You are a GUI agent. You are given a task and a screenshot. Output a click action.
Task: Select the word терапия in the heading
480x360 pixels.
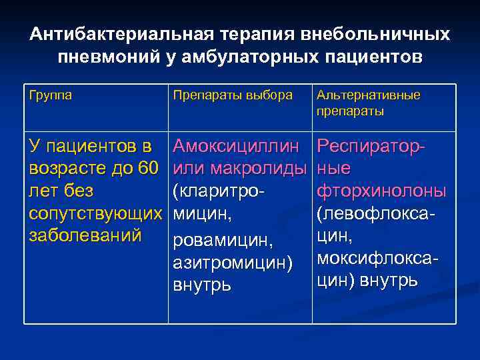[x=242, y=34]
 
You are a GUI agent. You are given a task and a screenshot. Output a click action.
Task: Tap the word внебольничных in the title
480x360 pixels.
[x=373, y=34]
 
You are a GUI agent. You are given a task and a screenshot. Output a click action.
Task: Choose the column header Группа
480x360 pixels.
[x=50, y=95]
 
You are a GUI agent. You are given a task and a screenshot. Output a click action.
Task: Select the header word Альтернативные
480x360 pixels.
[x=369, y=95]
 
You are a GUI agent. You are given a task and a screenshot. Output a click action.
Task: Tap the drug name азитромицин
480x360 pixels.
[x=233, y=263]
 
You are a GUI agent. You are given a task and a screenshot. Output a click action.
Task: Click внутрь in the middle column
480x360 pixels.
[x=202, y=285]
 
